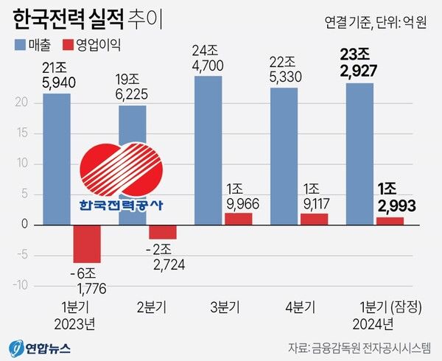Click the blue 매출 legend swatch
18,46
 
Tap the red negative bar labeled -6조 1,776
87,243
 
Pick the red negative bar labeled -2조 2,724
163,231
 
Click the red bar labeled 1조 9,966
239,218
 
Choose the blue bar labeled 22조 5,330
284,155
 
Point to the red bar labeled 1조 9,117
315,218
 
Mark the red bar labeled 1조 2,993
390,220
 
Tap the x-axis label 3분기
222,306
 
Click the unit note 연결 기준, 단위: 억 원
375,22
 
